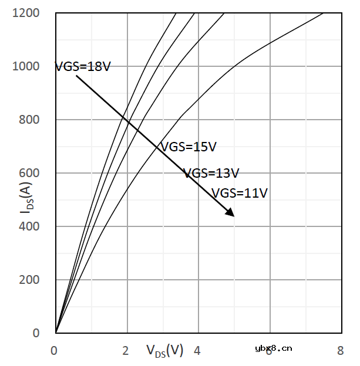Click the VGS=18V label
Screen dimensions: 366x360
point(83,66)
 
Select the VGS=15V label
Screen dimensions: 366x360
point(189,147)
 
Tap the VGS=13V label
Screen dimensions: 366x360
point(211,174)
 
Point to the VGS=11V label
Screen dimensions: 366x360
point(239,193)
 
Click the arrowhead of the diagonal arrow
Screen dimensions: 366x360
point(230,213)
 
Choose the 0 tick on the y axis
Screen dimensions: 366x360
point(36,333)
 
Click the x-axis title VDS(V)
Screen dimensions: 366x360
point(165,351)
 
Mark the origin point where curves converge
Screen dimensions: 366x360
point(56,333)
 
